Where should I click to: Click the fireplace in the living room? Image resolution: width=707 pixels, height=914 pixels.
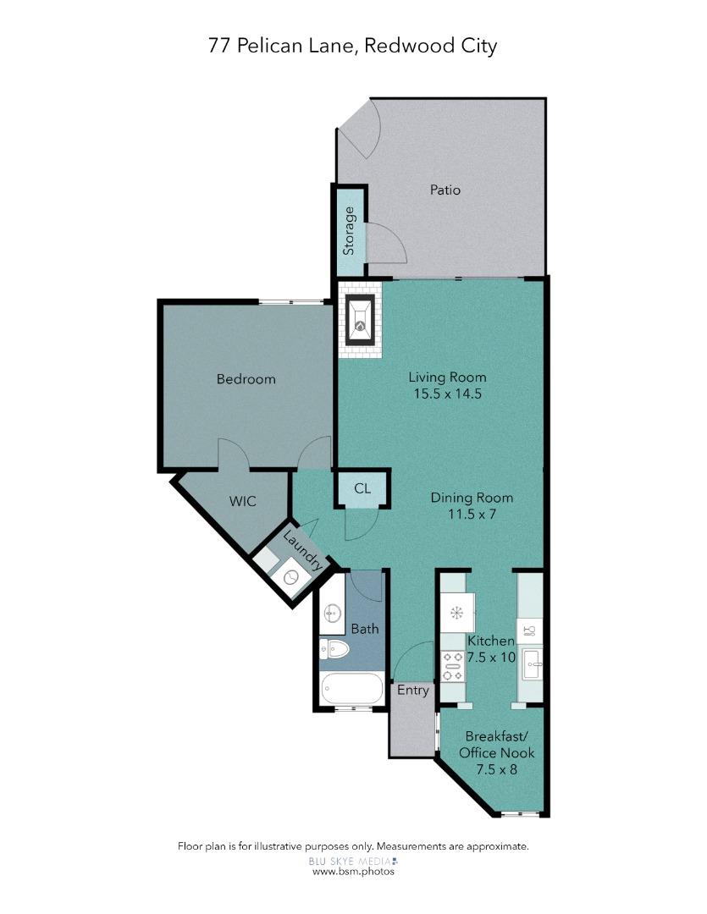(x=360, y=320)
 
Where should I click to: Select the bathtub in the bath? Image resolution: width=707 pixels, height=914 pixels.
(x=351, y=688)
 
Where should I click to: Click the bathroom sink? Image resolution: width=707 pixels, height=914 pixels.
(x=333, y=613)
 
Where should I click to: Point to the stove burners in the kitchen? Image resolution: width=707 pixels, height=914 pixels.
(x=453, y=666)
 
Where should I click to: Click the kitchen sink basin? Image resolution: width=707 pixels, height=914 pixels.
(x=533, y=663)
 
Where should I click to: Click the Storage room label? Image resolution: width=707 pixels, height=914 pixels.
(x=349, y=231)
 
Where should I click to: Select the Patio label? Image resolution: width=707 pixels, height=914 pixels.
(x=445, y=190)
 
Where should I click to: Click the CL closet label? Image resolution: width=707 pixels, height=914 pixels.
(x=362, y=488)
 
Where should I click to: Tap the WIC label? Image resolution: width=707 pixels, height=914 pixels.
(x=242, y=501)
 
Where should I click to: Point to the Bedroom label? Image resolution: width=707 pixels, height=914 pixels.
(x=246, y=379)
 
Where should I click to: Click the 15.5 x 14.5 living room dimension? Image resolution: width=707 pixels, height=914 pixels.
(x=447, y=394)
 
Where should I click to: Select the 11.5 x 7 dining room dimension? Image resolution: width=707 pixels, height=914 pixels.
(x=472, y=515)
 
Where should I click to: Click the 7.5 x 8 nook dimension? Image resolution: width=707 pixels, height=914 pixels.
(x=496, y=769)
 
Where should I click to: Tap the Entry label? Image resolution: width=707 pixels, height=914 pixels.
(x=413, y=691)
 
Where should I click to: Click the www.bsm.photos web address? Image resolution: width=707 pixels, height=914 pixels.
(x=354, y=872)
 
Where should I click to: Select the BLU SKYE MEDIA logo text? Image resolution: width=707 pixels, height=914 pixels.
(x=353, y=861)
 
